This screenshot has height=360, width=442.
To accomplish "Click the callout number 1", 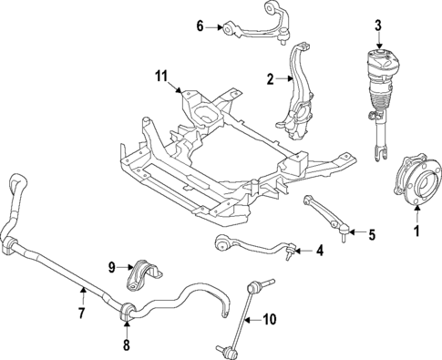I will [417, 231].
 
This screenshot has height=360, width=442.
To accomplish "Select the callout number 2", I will [270, 79].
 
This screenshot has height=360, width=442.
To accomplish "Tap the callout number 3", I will [379, 25].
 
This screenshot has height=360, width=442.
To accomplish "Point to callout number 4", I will [319, 250].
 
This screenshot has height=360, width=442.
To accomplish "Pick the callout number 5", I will [371, 234].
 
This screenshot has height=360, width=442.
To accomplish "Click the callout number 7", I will [81, 314].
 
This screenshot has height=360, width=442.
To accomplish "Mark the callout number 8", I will [126, 345].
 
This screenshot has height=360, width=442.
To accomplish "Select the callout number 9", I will [112, 267].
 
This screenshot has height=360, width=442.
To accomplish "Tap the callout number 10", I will [270, 319].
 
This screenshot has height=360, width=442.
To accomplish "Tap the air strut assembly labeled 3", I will [380, 100].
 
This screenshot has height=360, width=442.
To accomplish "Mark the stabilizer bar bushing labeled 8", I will [127, 311].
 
